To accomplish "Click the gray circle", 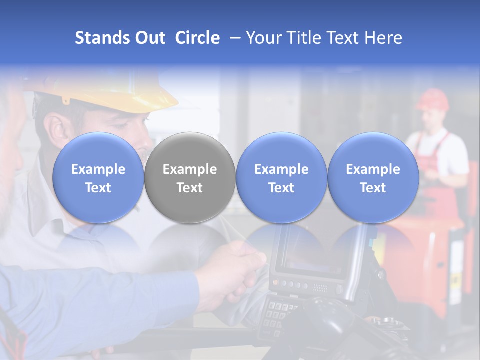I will (x=190, y=178).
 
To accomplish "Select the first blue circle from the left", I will (x=98, y=178).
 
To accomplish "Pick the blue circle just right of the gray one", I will (x=281, y=178).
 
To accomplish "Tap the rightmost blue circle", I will (x=373, y=178).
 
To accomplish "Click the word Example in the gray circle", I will (x=190, y=169).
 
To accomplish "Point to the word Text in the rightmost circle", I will (x=373, y=188).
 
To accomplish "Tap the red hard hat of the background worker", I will (x=432, y=99).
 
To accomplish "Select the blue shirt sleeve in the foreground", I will (x=100, y=300).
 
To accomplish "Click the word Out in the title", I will (x=150, y=38).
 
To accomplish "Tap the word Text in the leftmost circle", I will (x=98, y=188).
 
